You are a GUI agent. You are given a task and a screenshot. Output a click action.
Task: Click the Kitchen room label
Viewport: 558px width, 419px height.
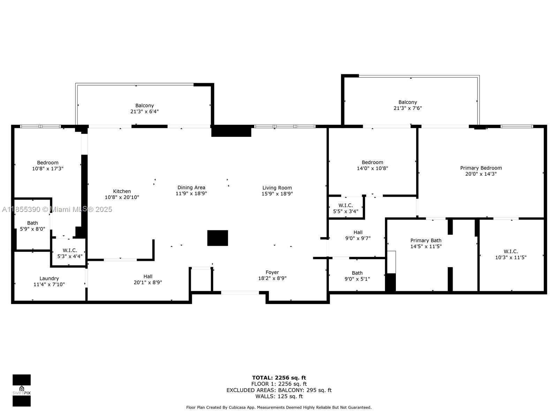(x=122, y=191)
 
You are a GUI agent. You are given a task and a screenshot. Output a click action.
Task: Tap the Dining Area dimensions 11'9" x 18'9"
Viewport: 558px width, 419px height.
(x=191, y=193)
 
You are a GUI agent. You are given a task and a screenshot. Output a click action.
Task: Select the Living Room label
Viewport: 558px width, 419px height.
(x=277, y=188)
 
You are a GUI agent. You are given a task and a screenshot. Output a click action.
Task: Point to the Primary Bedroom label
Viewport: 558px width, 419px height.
(x=481, y=168)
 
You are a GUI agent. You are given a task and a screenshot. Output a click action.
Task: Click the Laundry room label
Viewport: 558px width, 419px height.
(x=49, y=279)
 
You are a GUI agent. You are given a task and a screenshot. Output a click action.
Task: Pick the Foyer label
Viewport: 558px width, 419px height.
(x=272, y=272)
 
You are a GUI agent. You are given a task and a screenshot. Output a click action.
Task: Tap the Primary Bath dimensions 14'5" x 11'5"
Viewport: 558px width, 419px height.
(x=426, y=246)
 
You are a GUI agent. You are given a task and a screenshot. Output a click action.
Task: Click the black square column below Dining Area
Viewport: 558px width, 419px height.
(x=218, y=238)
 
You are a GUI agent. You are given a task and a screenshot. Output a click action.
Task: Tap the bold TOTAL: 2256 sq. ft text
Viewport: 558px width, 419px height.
(x=279, y=378)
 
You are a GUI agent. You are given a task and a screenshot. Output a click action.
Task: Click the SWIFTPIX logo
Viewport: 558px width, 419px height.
(x=22, y=390)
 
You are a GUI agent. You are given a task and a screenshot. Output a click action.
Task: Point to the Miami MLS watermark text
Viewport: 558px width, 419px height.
(x=57, y=209)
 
